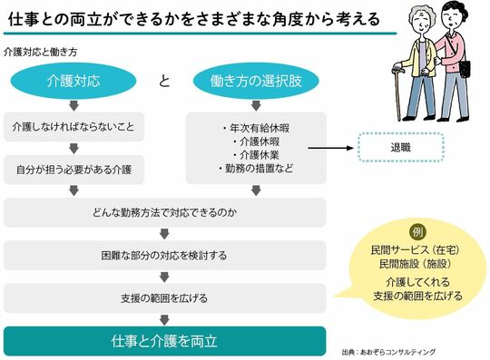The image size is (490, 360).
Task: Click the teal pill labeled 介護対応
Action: point(74,82)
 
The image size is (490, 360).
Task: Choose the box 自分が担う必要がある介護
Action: point(74,169)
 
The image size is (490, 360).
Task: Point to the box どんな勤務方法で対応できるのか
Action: point(165,213)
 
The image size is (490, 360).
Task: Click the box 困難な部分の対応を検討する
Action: point(165,255)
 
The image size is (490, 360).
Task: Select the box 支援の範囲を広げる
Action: point(165,297)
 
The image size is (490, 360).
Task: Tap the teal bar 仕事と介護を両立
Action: point(165,340)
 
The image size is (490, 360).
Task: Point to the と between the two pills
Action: point(164,82)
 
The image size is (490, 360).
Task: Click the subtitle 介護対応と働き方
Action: point(40,52)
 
